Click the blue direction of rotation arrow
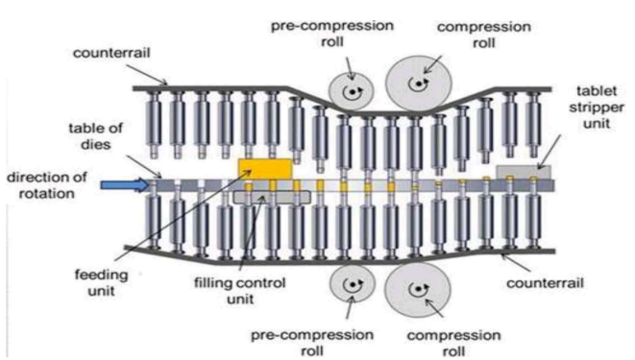pos(125,185)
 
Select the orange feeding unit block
pos(265,169)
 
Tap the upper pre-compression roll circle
pos(351,92)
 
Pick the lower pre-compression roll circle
pos(352,283)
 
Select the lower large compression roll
pos(418,290)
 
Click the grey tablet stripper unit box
pos(524,172)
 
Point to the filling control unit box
pos(272,197)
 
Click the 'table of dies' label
pos(95,136)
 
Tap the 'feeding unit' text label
pos(101,282)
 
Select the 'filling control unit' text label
pos(240,291)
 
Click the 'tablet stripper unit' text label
pos(597,108)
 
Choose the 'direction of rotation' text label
pos(47,185)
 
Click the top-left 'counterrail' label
pos(111,53)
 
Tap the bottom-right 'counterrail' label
pos(545,283)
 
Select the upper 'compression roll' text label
pos(484,35)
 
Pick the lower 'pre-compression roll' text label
pos(312,343)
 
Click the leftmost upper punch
pos(154,125)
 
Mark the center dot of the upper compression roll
pos(418,84)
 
